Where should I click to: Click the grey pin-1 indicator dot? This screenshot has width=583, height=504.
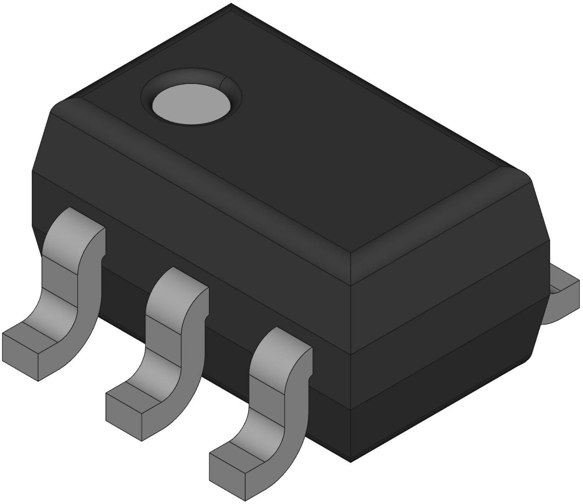pyautogui.click(x=191, y=105)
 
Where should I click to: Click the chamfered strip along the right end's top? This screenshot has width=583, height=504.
pyautogui.click(x=441, y=215)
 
